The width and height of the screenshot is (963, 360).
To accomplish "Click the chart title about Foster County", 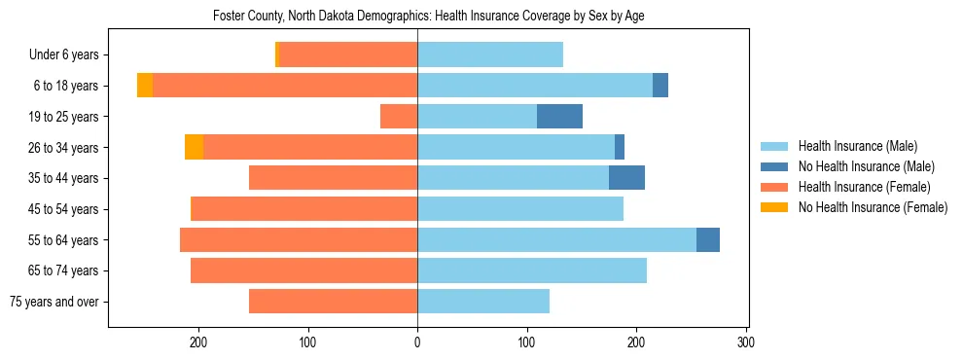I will tap(428, 16).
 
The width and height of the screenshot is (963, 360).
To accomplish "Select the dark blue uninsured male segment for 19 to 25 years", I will tap(559, 117).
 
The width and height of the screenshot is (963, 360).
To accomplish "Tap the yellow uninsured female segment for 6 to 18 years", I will tap(145, 86).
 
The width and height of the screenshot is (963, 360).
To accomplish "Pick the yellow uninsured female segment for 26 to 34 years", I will tap(194, 147).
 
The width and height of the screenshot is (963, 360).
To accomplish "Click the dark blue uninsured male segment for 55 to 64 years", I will tap(708, 239).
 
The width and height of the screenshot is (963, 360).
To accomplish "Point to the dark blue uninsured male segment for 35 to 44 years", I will tap(626, 178).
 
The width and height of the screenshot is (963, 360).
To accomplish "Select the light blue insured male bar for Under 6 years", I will tap(490, 55).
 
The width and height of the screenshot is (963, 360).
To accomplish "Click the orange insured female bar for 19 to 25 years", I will tap(399, 117).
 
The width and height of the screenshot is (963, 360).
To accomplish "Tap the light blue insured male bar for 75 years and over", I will tap(483, 302).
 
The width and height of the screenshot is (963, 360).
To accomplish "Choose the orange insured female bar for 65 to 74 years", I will tap(304, 270).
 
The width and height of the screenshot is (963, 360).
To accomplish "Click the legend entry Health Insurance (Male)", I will tap(857, 146).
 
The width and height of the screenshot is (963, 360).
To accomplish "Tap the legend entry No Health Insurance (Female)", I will tap(873, 207).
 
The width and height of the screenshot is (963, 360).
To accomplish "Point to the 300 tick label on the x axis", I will tap(746, 342).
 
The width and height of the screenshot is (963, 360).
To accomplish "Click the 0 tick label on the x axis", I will tap(417, 342).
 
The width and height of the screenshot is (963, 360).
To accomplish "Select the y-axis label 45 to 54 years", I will tap(63, 209).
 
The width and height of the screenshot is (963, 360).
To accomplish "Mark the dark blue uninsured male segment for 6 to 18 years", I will tap(660, 86).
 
